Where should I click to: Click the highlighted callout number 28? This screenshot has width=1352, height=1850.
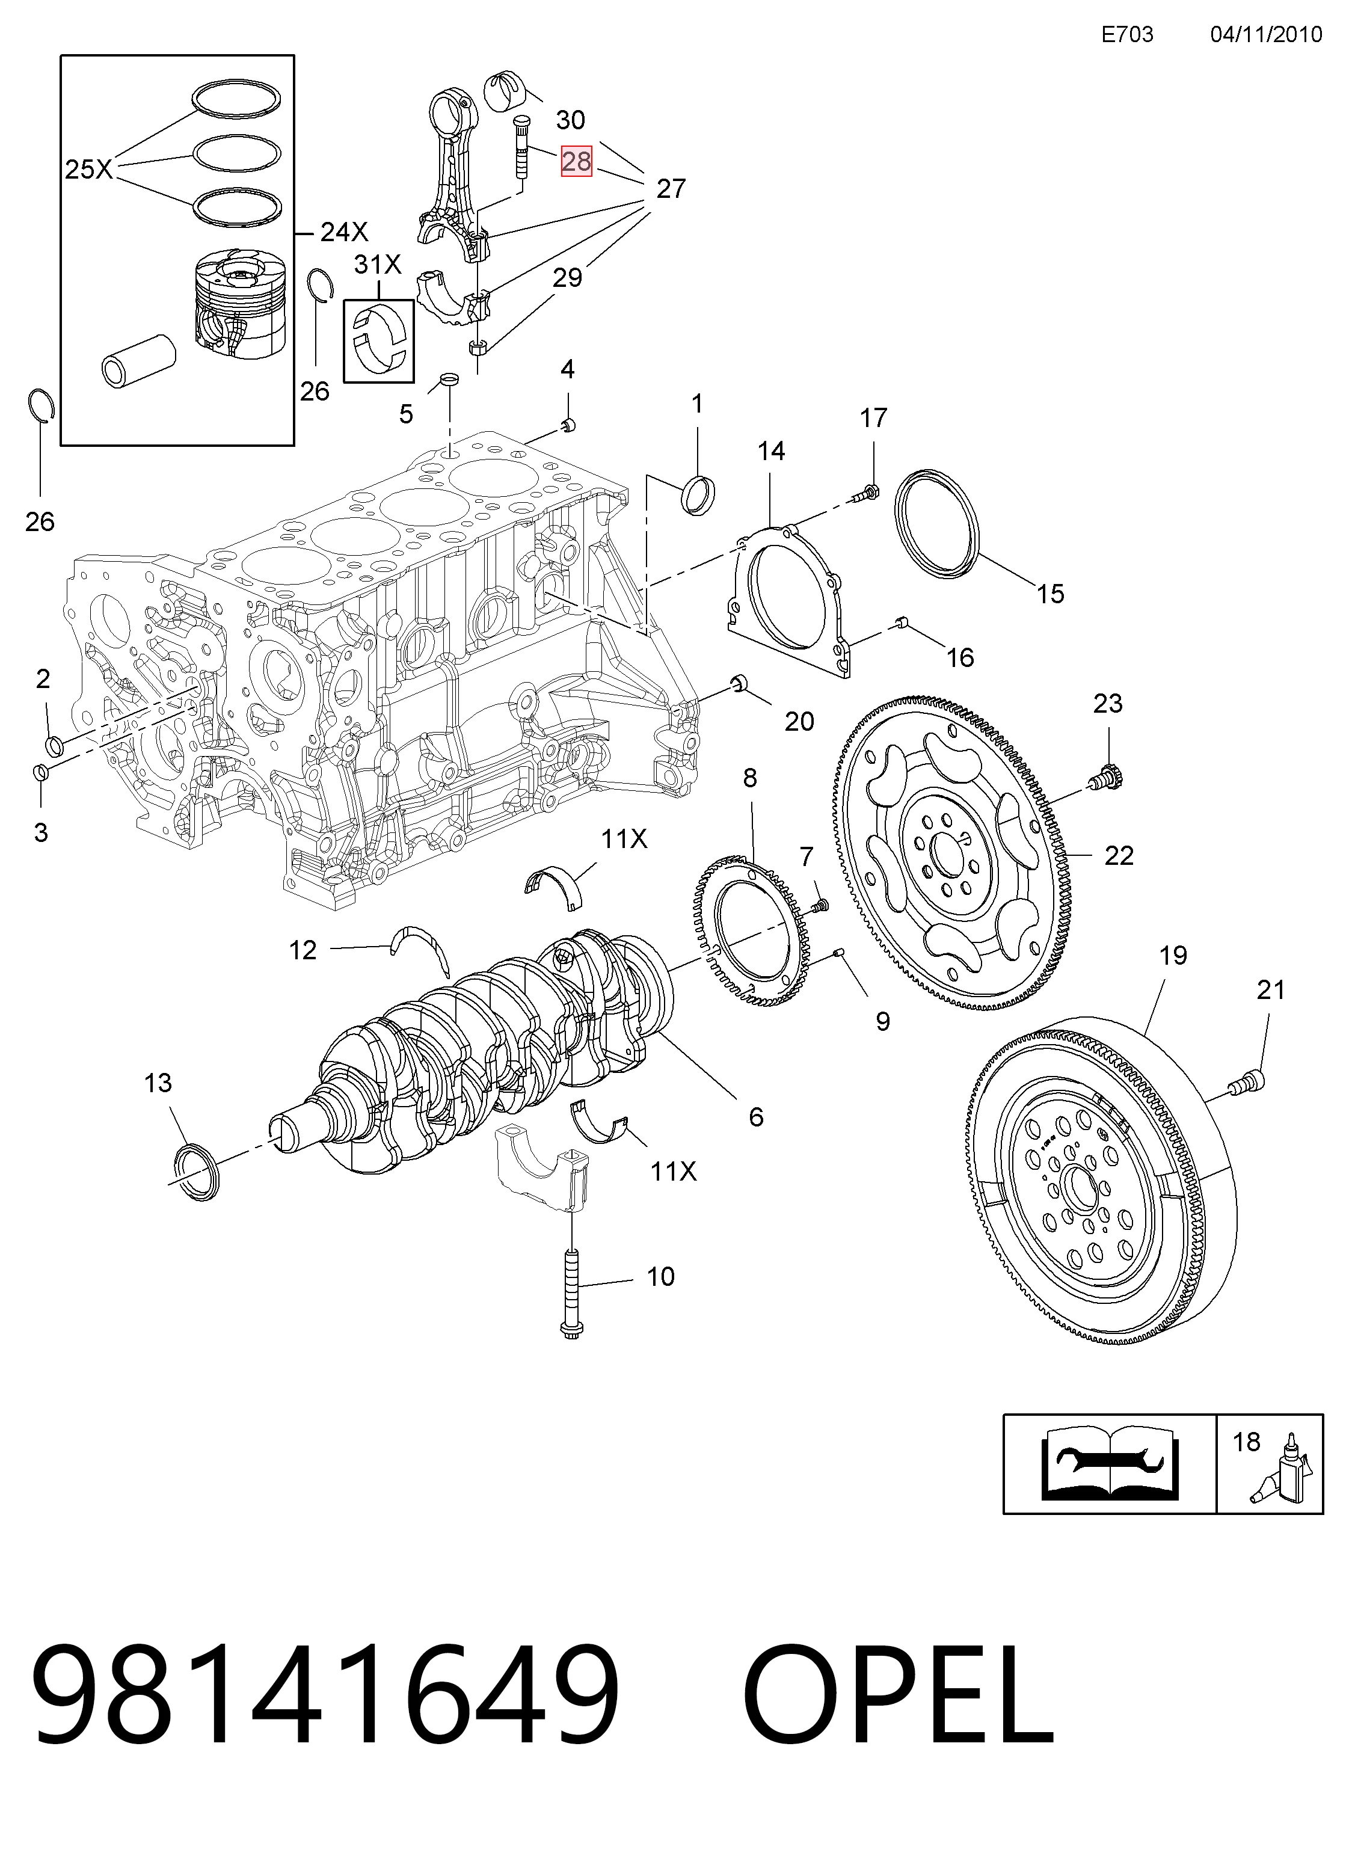pos(576,161)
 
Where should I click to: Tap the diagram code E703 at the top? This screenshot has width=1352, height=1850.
pos(1127,34)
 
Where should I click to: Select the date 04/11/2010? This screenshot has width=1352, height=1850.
pos(1266,34)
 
